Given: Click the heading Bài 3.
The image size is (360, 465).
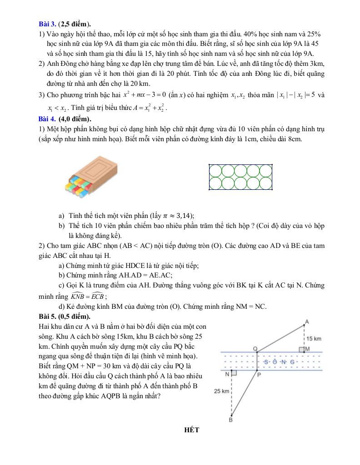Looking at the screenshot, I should (x=47, y=24).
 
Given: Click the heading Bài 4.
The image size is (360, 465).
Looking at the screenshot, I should (x=47, y=119).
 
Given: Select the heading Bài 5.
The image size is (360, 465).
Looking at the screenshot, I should (x=47, y=316).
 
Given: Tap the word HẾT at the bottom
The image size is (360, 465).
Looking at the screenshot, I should (x=192, y=430).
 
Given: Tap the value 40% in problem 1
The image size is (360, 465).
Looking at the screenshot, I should (x=251, y=34).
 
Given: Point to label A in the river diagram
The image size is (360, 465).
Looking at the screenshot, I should (x=306, y=322).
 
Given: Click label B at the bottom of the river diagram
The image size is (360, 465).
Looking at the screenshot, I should (x=230, y=420).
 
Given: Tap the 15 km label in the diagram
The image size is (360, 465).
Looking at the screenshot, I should (x=314, y=339).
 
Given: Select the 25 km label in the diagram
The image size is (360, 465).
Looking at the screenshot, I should (x=222, y=391).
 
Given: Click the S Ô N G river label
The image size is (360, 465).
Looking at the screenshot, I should (x=280, y=361).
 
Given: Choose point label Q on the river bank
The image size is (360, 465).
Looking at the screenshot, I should (x=255, y=348).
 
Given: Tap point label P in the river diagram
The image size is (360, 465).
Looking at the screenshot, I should (x=259, y=375).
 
